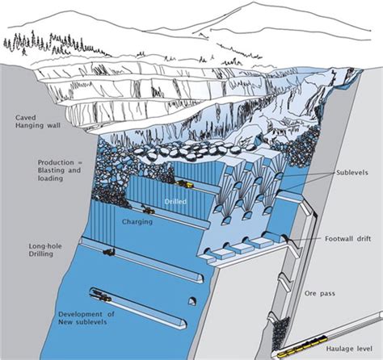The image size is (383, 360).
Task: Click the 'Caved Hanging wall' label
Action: coord(38,121)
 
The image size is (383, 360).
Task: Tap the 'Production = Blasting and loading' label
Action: coord(59,170)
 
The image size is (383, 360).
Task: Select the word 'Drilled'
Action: coord(175,201)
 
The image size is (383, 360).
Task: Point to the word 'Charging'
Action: coord(137,222)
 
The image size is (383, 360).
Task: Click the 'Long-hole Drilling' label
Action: coord(45,250)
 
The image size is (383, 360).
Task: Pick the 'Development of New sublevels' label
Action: coord(86,318)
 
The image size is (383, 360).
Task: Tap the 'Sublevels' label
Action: coord(351,173)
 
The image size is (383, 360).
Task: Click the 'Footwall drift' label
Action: coord(347,239)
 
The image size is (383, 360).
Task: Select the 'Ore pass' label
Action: coord(320,293)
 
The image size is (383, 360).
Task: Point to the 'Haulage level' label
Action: coord(349,349)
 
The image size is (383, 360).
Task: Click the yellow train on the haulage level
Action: coord(302,345)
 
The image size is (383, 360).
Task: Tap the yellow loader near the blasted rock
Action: coord(185,184)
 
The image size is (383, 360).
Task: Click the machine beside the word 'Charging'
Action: coord(148,210)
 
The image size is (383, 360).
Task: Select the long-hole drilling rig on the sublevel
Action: coord(109,252)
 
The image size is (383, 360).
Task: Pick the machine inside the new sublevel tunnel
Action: coord(103,296)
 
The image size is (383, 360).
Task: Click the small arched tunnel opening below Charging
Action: coord(192,302)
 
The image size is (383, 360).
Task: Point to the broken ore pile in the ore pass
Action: coord(280,333)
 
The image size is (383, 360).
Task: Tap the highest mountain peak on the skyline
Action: coord(253,2)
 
